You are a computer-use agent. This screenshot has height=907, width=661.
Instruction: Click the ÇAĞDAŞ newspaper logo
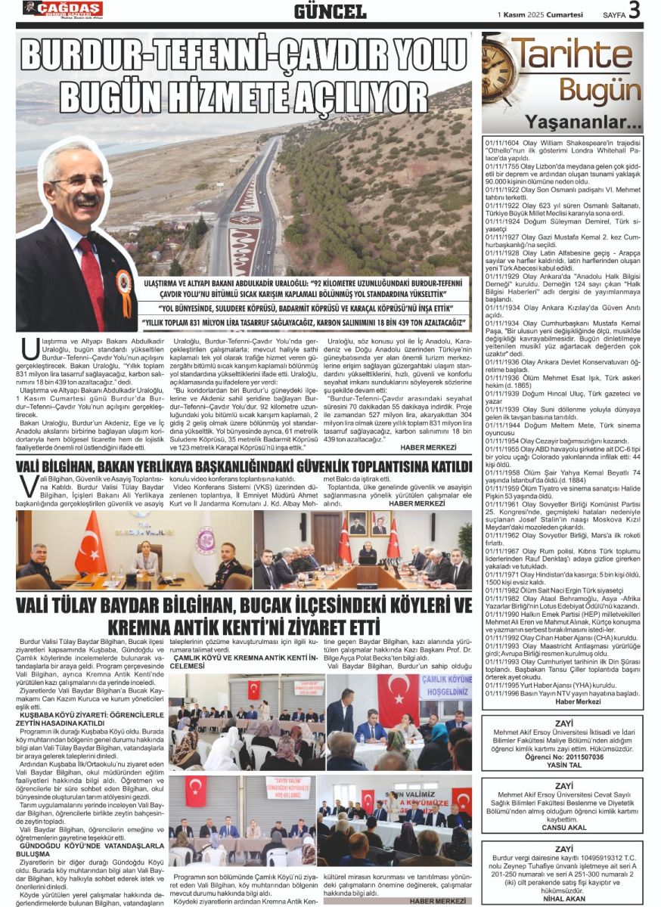pyautogui.click(x=62, y=9)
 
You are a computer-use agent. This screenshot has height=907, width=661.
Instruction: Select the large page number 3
pyautogui.click(x=634, y=11)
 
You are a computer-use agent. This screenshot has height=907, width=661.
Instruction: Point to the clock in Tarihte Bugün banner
pyautogui.click(x=504, y=73)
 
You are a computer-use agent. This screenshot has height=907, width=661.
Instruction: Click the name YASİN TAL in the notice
pyautogui.click(x=562, y=763)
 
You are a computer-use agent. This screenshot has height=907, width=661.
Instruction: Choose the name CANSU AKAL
pyautogui.click(x=563, y=827)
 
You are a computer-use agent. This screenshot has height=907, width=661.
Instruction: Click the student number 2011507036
pyautogui.click(x=562, y=756)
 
